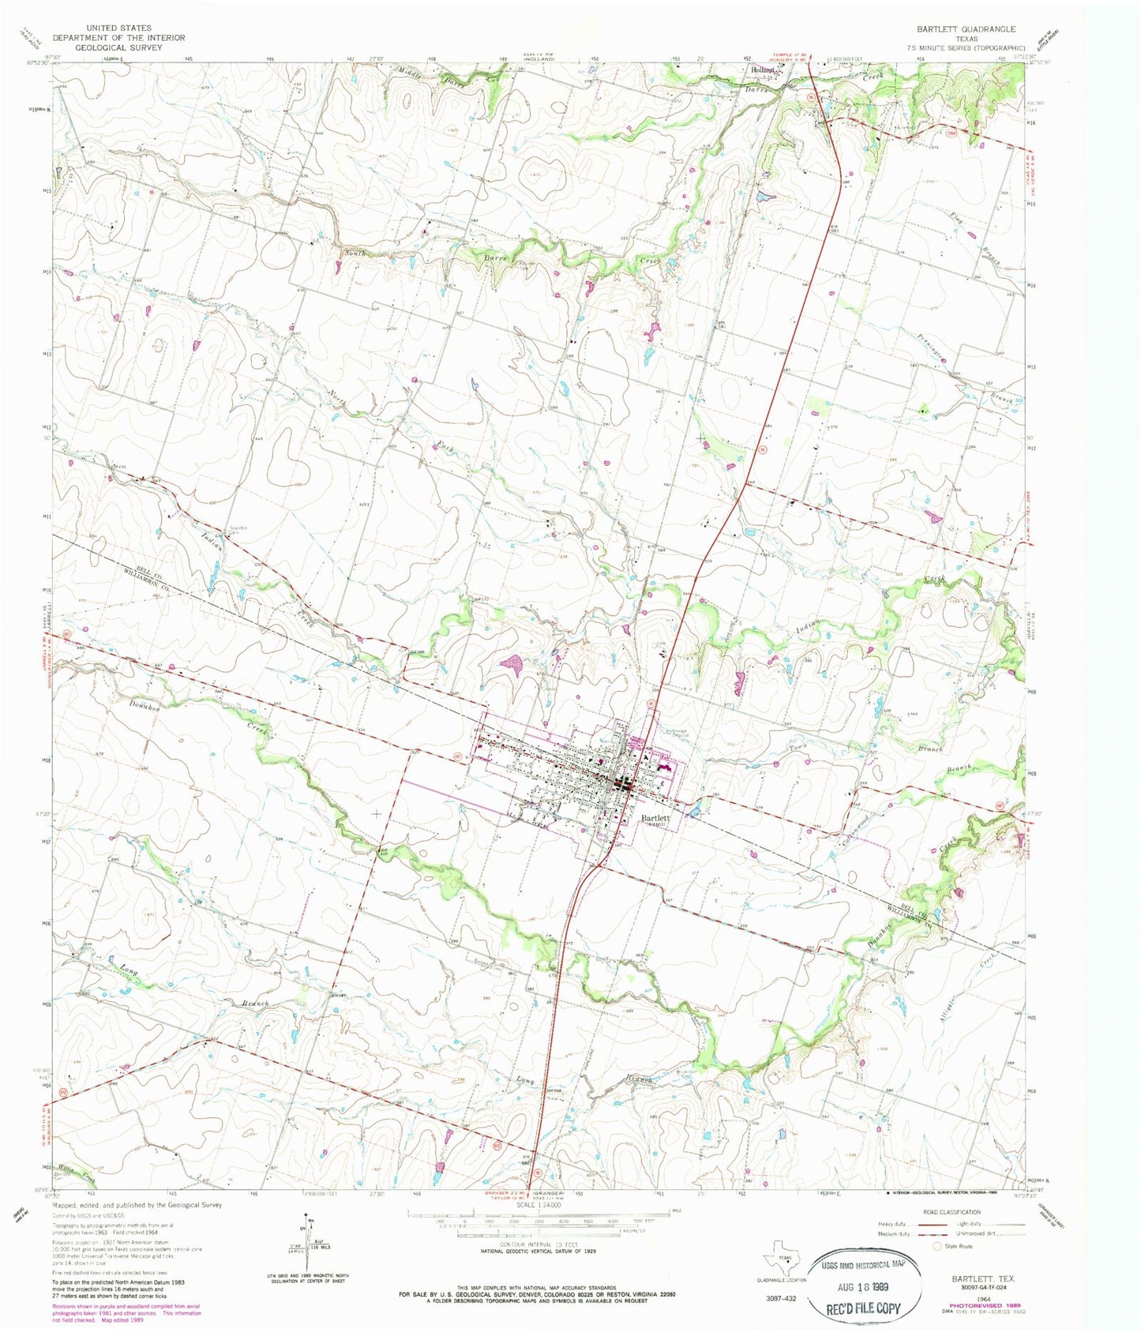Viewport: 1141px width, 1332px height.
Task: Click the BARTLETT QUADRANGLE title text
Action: [966, 28]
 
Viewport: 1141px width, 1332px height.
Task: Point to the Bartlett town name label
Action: [655, 818]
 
